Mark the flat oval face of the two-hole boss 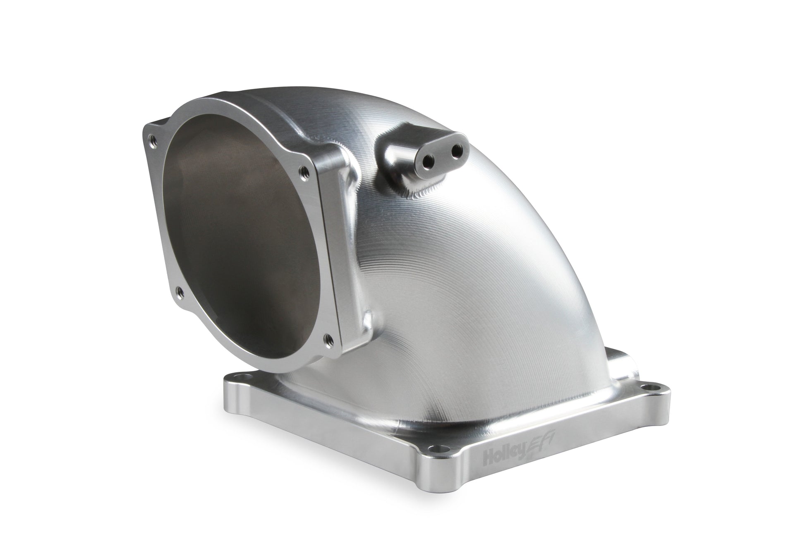coord(443,157)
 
